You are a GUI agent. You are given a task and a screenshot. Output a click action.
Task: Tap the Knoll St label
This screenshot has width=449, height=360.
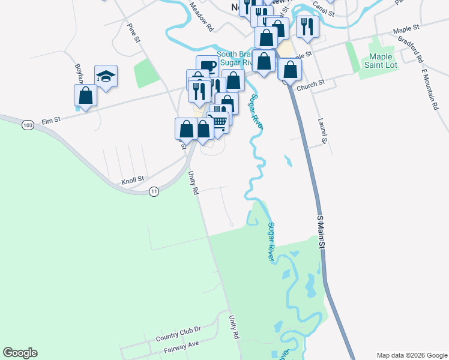[133, 179]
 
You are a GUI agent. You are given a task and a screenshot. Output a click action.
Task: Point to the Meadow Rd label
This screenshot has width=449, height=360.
[201, 17]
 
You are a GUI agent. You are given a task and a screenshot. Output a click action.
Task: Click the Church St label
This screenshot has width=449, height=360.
[313, 85]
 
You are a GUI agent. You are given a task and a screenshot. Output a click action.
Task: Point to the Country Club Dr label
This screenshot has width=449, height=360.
[178, 334]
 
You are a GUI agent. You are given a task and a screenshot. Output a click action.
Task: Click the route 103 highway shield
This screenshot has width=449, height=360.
[26, 125]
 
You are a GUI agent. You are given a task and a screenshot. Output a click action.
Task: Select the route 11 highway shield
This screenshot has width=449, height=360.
[154, 191]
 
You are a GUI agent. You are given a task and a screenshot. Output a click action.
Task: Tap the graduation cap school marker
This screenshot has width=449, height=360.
[106, 76]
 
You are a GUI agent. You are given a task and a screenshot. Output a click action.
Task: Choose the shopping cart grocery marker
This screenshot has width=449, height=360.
[219, 121]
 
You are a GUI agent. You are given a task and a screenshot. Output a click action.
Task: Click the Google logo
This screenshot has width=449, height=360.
[20, 353]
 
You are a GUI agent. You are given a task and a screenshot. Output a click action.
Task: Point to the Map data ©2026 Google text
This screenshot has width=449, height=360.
[412, 355]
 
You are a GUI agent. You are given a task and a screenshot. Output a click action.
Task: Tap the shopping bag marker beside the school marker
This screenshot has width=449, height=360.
[85, 95]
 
